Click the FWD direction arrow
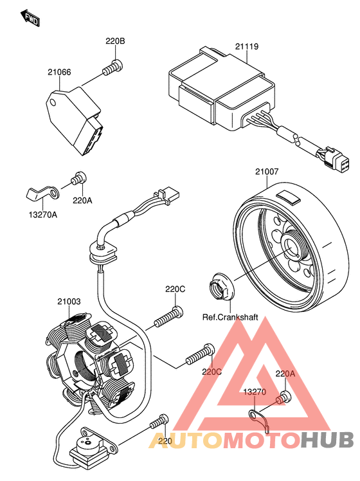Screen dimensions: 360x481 30,19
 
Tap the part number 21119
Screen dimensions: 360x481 247,46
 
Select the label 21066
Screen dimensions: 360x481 59,72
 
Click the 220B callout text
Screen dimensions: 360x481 115,41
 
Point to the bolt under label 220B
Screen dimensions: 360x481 113,68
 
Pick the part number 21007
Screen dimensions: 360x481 267,172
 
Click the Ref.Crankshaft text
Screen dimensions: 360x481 230,317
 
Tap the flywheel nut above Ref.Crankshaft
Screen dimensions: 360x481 222,287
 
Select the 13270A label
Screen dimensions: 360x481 43,214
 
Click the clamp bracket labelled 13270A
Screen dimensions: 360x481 42,193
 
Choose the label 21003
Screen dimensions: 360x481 69,302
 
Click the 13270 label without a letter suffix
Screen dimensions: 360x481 255,392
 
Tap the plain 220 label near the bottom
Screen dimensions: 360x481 165,441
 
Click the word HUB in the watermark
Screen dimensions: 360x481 327,440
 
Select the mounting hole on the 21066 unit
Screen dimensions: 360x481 53,102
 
